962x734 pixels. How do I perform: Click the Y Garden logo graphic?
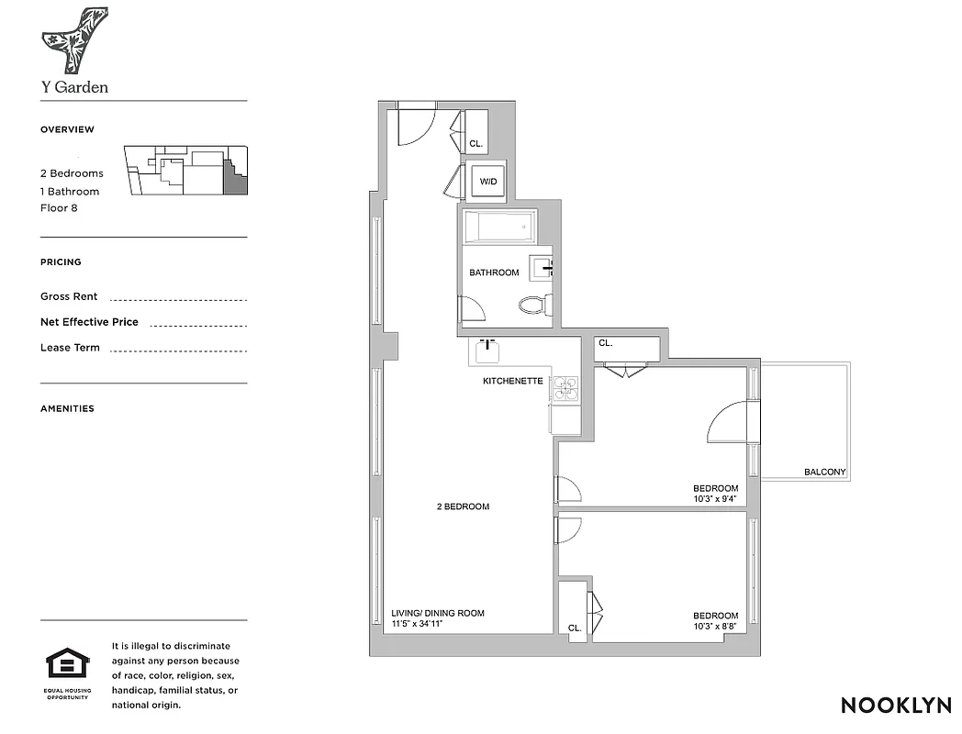[74, 41]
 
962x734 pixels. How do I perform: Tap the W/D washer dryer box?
[487, 182]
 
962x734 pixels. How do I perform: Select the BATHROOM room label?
[494, 272]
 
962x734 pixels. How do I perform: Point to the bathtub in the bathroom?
[499, 226]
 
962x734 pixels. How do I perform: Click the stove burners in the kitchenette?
[564, 389]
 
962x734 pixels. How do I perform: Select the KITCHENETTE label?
[513, 381]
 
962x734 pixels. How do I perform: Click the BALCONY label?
[824, 473]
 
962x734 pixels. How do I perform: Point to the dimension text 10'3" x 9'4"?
[715, 500]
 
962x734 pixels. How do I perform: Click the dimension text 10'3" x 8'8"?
[715, 628]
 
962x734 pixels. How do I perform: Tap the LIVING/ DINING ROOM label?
[438, 613]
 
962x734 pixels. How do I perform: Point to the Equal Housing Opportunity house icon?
[68, 663]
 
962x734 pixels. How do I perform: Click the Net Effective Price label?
[89, 322]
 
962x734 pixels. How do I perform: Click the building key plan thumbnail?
[186, 171]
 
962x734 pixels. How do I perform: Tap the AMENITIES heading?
[67, 408]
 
